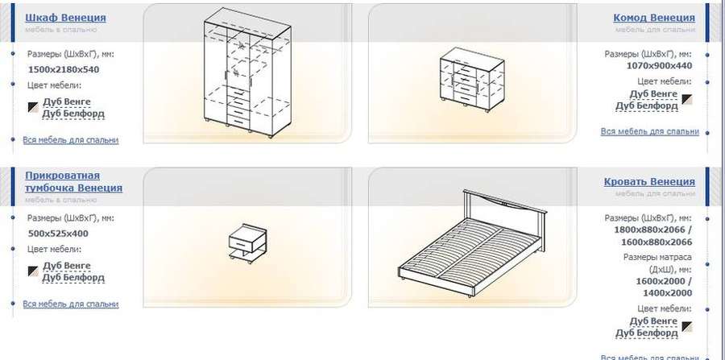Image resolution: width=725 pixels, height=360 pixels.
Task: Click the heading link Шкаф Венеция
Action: click(x=65, y=18)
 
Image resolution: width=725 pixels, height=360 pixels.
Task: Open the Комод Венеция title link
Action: click(x=654, y=18)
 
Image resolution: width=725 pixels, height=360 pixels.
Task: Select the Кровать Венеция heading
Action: click(x=649, y=182)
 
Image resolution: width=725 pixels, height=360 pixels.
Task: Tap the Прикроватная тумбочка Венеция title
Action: click(x=73, y=182)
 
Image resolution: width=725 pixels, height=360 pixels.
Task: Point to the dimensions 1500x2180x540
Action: click(x=64, y=70)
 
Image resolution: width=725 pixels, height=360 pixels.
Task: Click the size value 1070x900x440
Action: click(x=659, y=65)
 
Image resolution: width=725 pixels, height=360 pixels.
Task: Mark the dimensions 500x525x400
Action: click(x=58, y=234)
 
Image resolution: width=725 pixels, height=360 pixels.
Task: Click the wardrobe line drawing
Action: click(x=248, y=72)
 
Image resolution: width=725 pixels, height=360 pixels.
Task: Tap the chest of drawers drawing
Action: click(x=471, y=79)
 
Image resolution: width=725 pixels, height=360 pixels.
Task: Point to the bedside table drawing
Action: click(x=248, y=243)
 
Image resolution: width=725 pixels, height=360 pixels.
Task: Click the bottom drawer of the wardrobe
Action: click(x=238, y=122)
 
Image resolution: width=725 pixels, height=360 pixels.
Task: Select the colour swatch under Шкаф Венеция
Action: click(x=33, y=107)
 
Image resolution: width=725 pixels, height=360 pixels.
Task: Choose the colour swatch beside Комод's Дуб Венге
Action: click(x=688, y=99)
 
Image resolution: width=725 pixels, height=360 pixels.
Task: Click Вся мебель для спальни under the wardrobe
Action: click(x=71, y=139)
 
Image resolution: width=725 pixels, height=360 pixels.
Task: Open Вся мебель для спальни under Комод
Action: click(x=649, y=131)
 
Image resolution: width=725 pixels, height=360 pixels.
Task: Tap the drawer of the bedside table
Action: click(x=242, y=243)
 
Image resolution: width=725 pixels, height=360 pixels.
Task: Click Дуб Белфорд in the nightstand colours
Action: click(x=73, y=278)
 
